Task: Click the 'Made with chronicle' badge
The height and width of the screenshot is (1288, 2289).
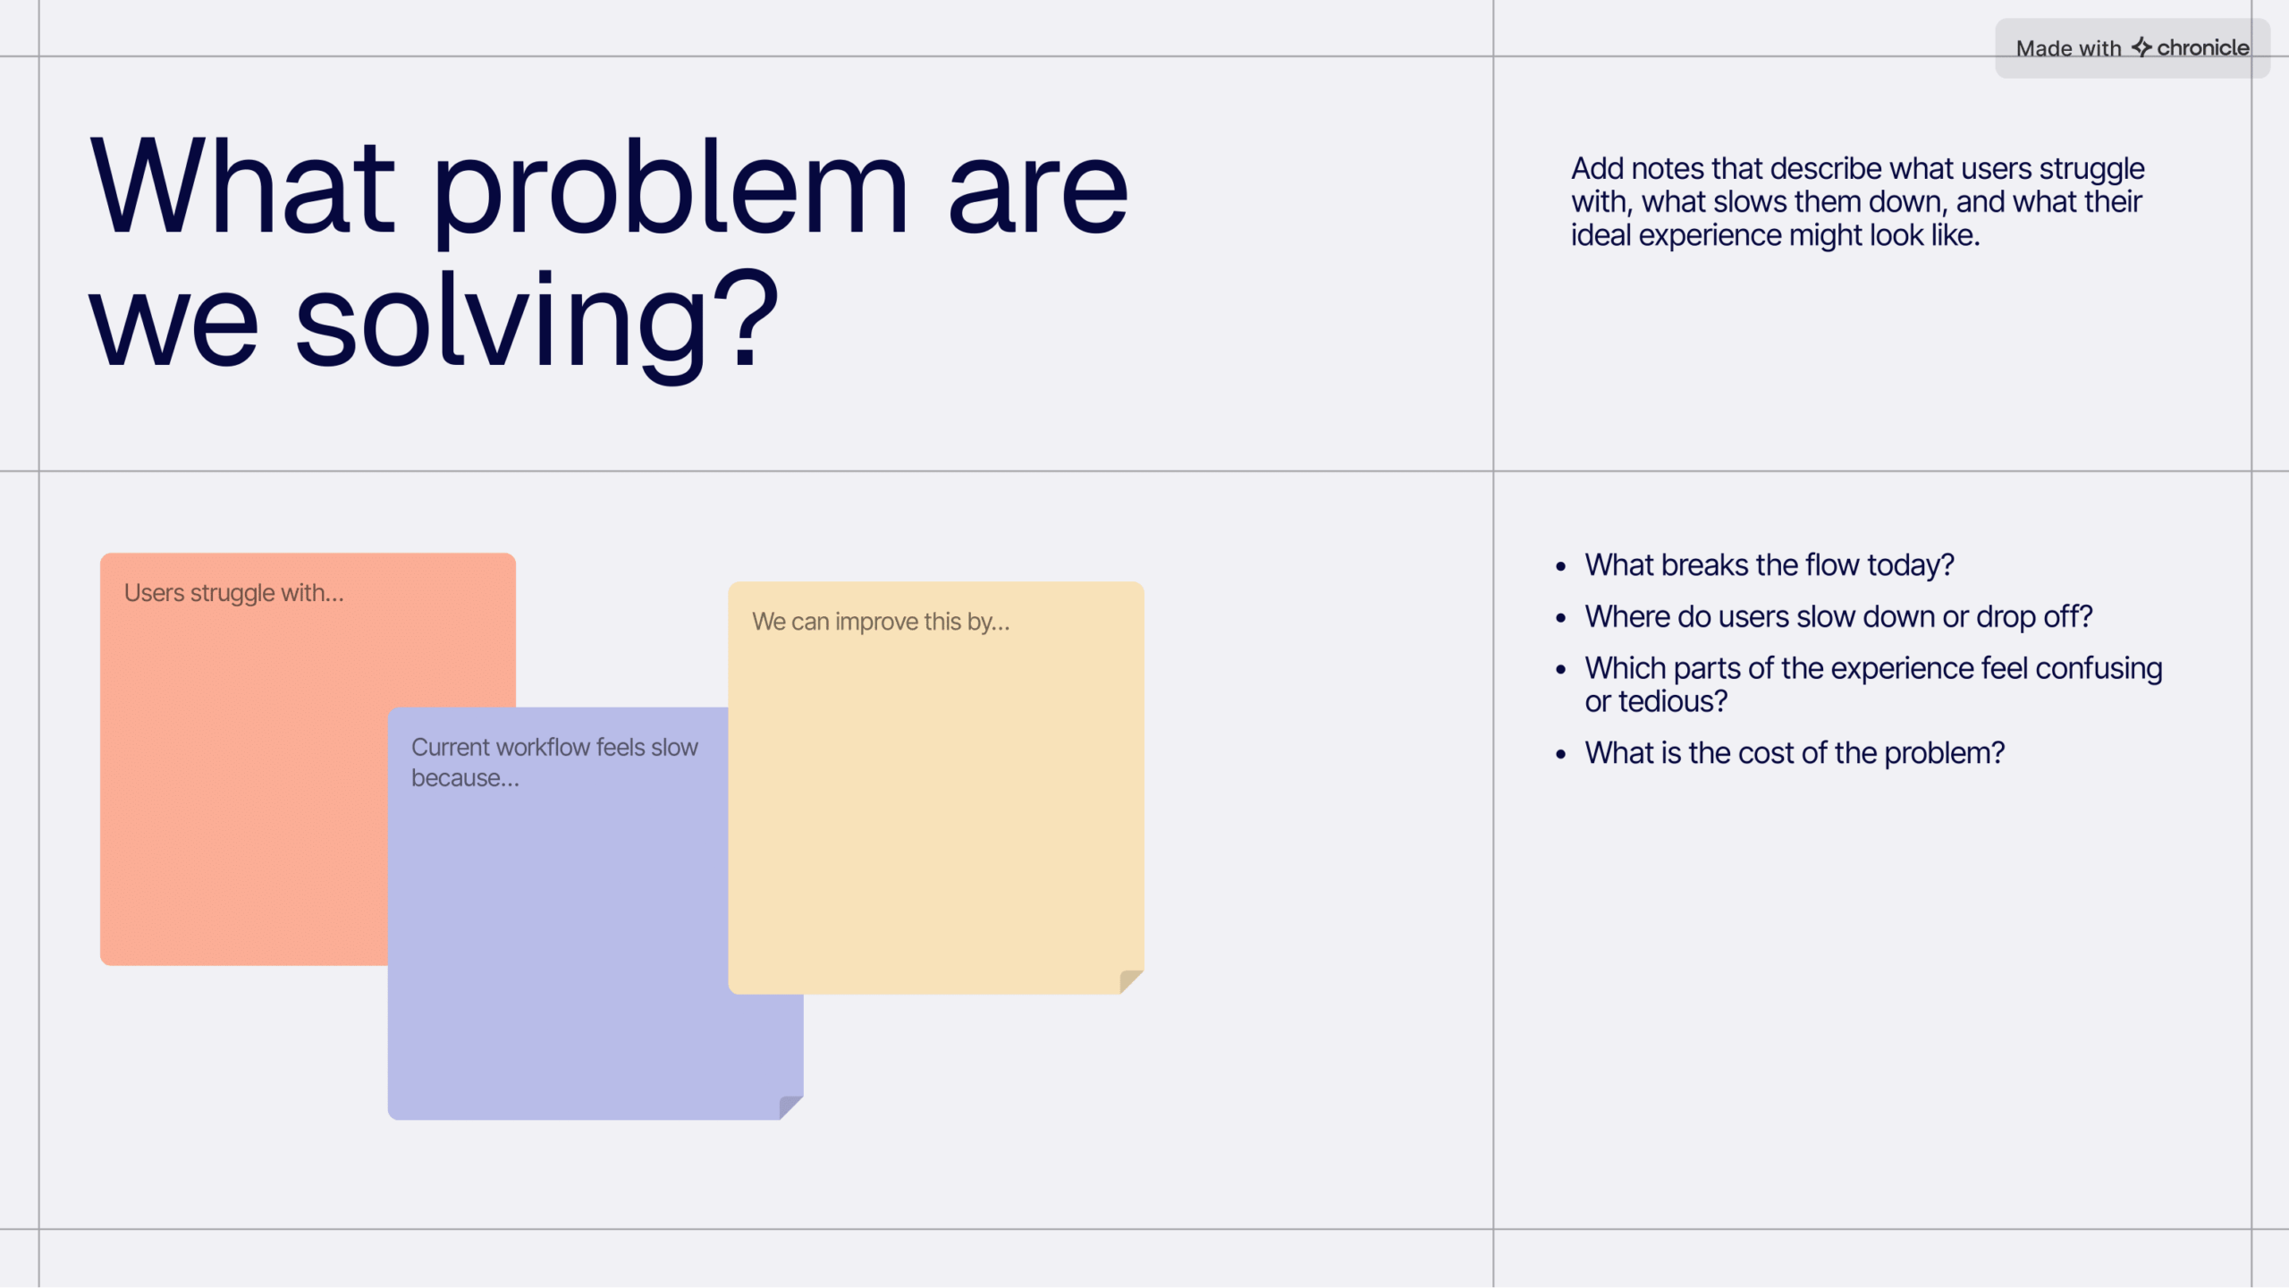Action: pyautogui.click(x=2132, y=48)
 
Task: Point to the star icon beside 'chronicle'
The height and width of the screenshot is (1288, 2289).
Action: pyautogui.click(x=2141, y=47)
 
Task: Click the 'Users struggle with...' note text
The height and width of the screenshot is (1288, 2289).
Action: pyautogui.click(x=233, y=593)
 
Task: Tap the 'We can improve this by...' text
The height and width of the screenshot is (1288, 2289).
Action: pyautogui.click(x=881, y=622)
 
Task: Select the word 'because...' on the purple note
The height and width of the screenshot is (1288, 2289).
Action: pyautogui.click(x=465, y=778)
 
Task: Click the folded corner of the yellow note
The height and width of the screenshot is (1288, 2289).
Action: pyautogui.click(x=1131, y=981)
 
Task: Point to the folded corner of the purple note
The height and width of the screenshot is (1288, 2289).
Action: pyautogui.click(x=790, y=1106)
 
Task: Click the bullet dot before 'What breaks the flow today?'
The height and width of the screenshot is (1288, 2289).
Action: pyautogui.click(x=1561, y=566)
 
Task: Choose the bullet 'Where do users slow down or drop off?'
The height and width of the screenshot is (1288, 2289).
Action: pyautogui.click(x=1838, y=617)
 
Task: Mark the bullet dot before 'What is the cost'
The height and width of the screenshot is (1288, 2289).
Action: pyautogui.click(x=1561, y=754)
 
